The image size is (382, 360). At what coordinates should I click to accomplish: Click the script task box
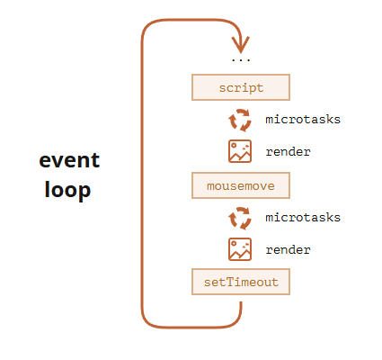point(241,87)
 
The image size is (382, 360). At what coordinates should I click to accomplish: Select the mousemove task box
point(241,185)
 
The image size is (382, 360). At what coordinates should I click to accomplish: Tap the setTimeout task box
point(241,282)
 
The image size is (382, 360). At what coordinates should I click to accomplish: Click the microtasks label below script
point(303,120)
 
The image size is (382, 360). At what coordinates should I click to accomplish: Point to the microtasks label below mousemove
point(303,218)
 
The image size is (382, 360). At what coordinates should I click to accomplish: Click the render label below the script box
point(288,152)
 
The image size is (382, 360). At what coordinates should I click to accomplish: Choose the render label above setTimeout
point(288,250)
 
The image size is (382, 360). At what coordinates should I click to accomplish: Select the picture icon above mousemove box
point(240,151)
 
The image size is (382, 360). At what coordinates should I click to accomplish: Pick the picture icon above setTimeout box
point(240,249)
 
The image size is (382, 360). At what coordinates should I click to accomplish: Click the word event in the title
point(69,160)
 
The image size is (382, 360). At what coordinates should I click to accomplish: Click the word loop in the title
point(67,190)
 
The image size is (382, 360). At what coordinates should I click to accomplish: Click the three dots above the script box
point(241,60)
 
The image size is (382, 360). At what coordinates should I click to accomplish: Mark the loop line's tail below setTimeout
point(241,302)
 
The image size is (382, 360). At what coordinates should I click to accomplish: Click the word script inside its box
point(241,88)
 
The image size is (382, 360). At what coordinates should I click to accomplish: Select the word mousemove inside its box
point(241,186)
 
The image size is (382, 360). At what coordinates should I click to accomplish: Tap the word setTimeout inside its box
point(241,282)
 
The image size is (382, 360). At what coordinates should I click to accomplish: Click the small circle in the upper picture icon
point(234,146)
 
